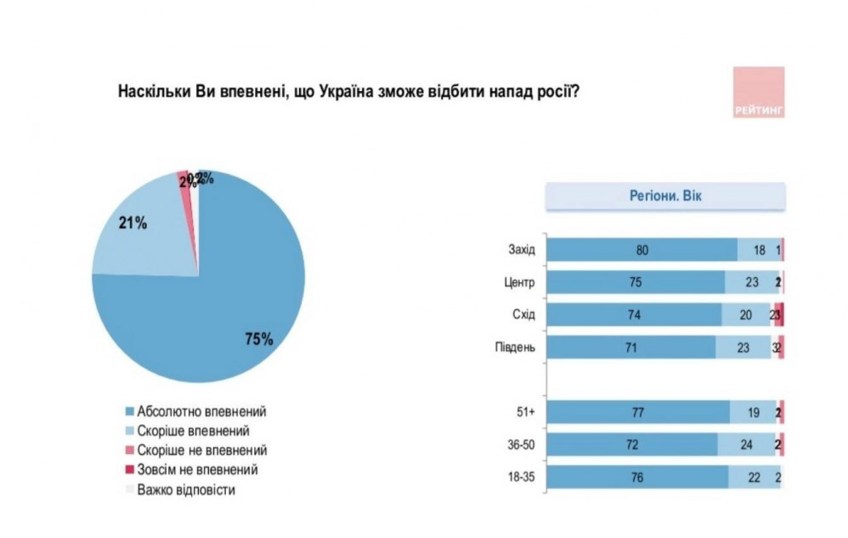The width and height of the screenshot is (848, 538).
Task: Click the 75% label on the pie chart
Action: [258, 340]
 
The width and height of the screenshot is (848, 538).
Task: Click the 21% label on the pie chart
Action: [133, 224]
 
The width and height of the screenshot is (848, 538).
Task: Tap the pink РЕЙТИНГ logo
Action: [758, 92]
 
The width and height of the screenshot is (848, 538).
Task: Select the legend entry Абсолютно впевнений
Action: [195, 411]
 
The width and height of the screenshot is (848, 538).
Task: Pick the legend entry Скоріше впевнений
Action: [192, 430]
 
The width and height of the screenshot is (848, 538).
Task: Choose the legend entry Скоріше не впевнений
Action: [200, 450]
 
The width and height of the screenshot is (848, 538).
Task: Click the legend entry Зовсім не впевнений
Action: [197, 469]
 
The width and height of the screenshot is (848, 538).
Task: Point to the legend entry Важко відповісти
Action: [187, 490]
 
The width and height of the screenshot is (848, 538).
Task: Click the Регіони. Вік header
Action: [664, 197]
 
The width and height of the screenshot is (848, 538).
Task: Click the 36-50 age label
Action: [518, 445]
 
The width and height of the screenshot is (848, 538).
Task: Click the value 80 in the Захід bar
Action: [642, 250]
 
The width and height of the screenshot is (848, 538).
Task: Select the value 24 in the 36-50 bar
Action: [747, 445]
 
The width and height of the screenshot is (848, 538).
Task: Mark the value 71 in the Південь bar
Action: [630, 347]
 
